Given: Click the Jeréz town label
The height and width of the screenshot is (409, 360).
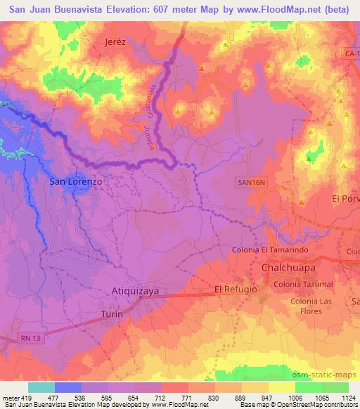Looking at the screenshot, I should (x=114, y=41).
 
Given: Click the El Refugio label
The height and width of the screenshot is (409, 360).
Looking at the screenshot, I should (x=236, y=289).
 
